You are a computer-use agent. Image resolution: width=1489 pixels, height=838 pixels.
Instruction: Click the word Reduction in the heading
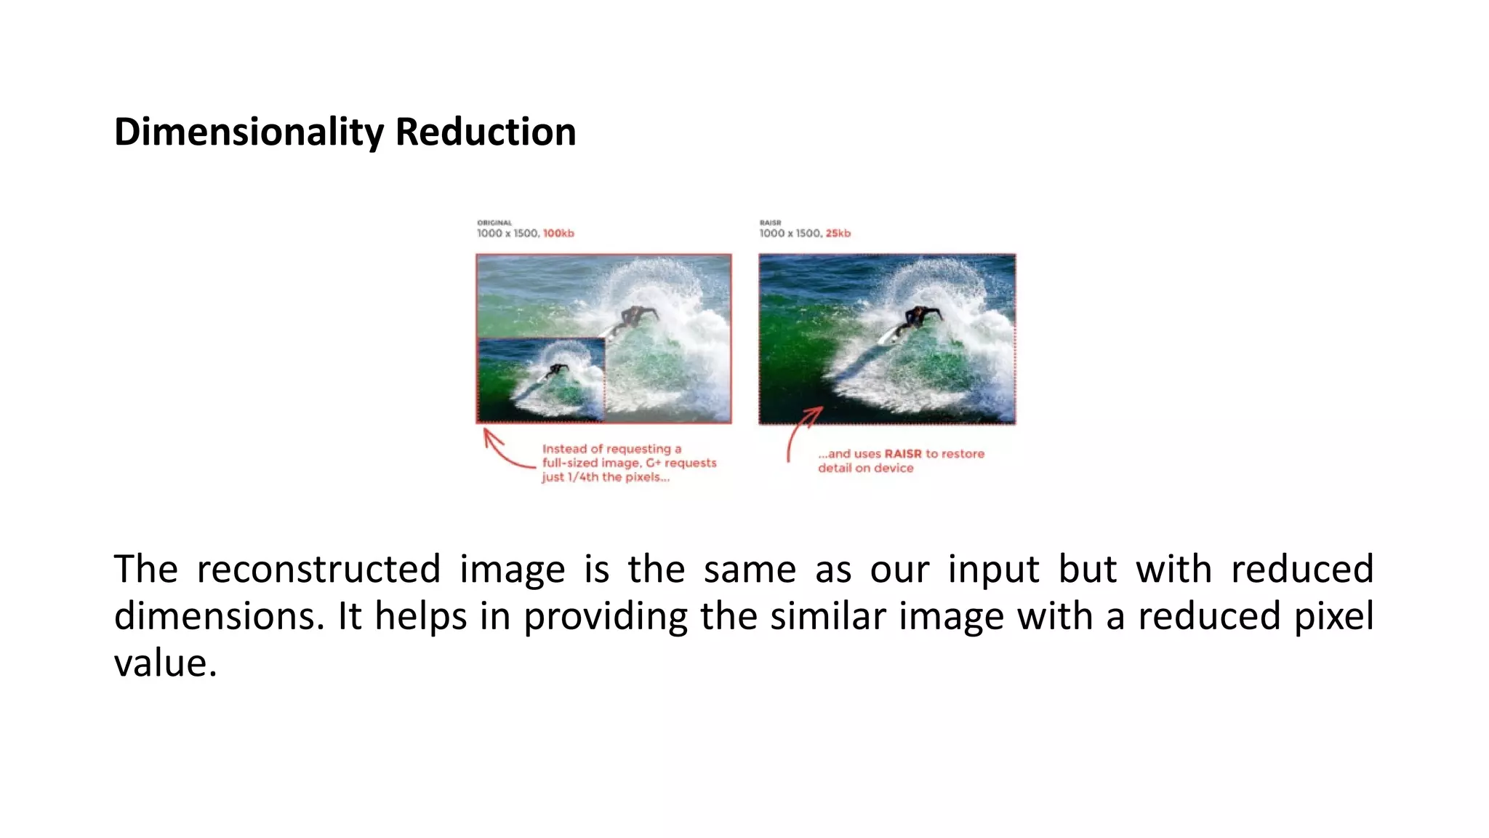coord(485,132)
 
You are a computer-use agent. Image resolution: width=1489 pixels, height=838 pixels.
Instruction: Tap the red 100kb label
coord(558,234)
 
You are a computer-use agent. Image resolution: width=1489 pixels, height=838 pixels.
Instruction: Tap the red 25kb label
coord(838,234)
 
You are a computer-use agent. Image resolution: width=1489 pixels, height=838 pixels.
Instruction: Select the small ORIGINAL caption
coord(494,223)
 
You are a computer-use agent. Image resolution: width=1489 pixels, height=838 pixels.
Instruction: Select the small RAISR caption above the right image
coord(770,223)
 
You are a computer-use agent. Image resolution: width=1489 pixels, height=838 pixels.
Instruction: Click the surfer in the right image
coord(918,317)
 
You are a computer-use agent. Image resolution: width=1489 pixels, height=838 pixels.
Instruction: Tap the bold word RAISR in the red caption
coord(902,454)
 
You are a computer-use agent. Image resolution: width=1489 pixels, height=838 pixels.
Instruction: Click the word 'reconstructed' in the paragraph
coord(318,569)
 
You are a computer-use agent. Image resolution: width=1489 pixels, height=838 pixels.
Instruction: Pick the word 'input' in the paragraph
coord(993,569)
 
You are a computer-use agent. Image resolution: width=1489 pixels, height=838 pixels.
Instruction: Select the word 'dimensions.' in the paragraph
coord(219,616)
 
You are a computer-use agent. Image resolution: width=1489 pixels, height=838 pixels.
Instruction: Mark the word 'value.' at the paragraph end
coord(165,663)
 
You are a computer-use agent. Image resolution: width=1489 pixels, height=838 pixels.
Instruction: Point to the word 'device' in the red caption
coord(894,468)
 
